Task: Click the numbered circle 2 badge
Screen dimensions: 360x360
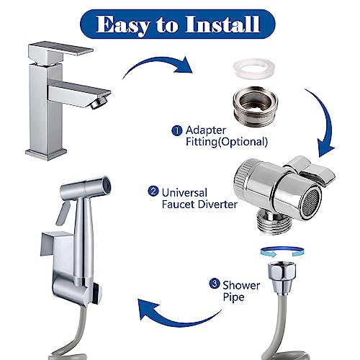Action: pyautogui.click(x=153, y=192)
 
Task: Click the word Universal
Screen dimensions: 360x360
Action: pyautogui.click(x=186, y=192)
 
